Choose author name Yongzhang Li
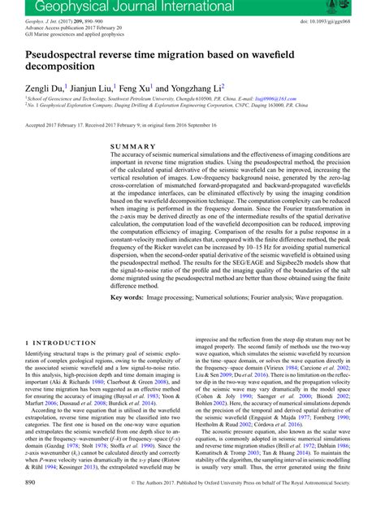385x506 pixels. point(201,87)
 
